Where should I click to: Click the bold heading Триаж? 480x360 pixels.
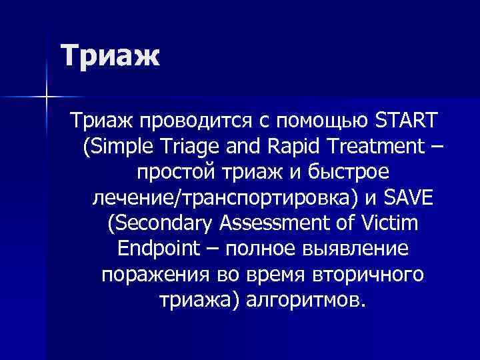point(111,55)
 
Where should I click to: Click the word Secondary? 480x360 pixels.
point(157,223)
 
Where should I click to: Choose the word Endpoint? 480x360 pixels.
point(158,248)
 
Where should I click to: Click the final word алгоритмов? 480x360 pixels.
point(306,299)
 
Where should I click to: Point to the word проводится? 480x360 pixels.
point(196,121)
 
